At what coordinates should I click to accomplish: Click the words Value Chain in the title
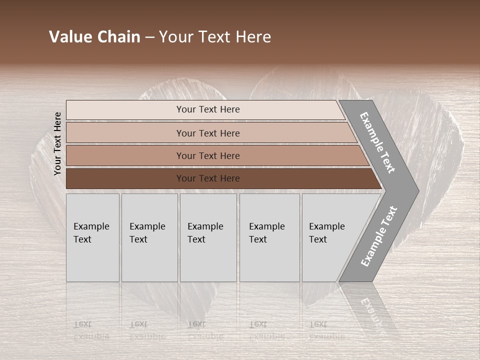(94, 37)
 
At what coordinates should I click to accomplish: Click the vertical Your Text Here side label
(57, 143)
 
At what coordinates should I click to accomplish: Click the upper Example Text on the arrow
(377, 142)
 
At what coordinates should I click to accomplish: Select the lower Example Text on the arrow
(378, 236)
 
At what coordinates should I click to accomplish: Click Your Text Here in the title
(215, 37)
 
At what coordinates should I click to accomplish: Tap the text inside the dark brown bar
(208, 178)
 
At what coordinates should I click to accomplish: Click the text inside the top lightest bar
(208, 109)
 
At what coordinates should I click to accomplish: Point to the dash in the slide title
(149, 37)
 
